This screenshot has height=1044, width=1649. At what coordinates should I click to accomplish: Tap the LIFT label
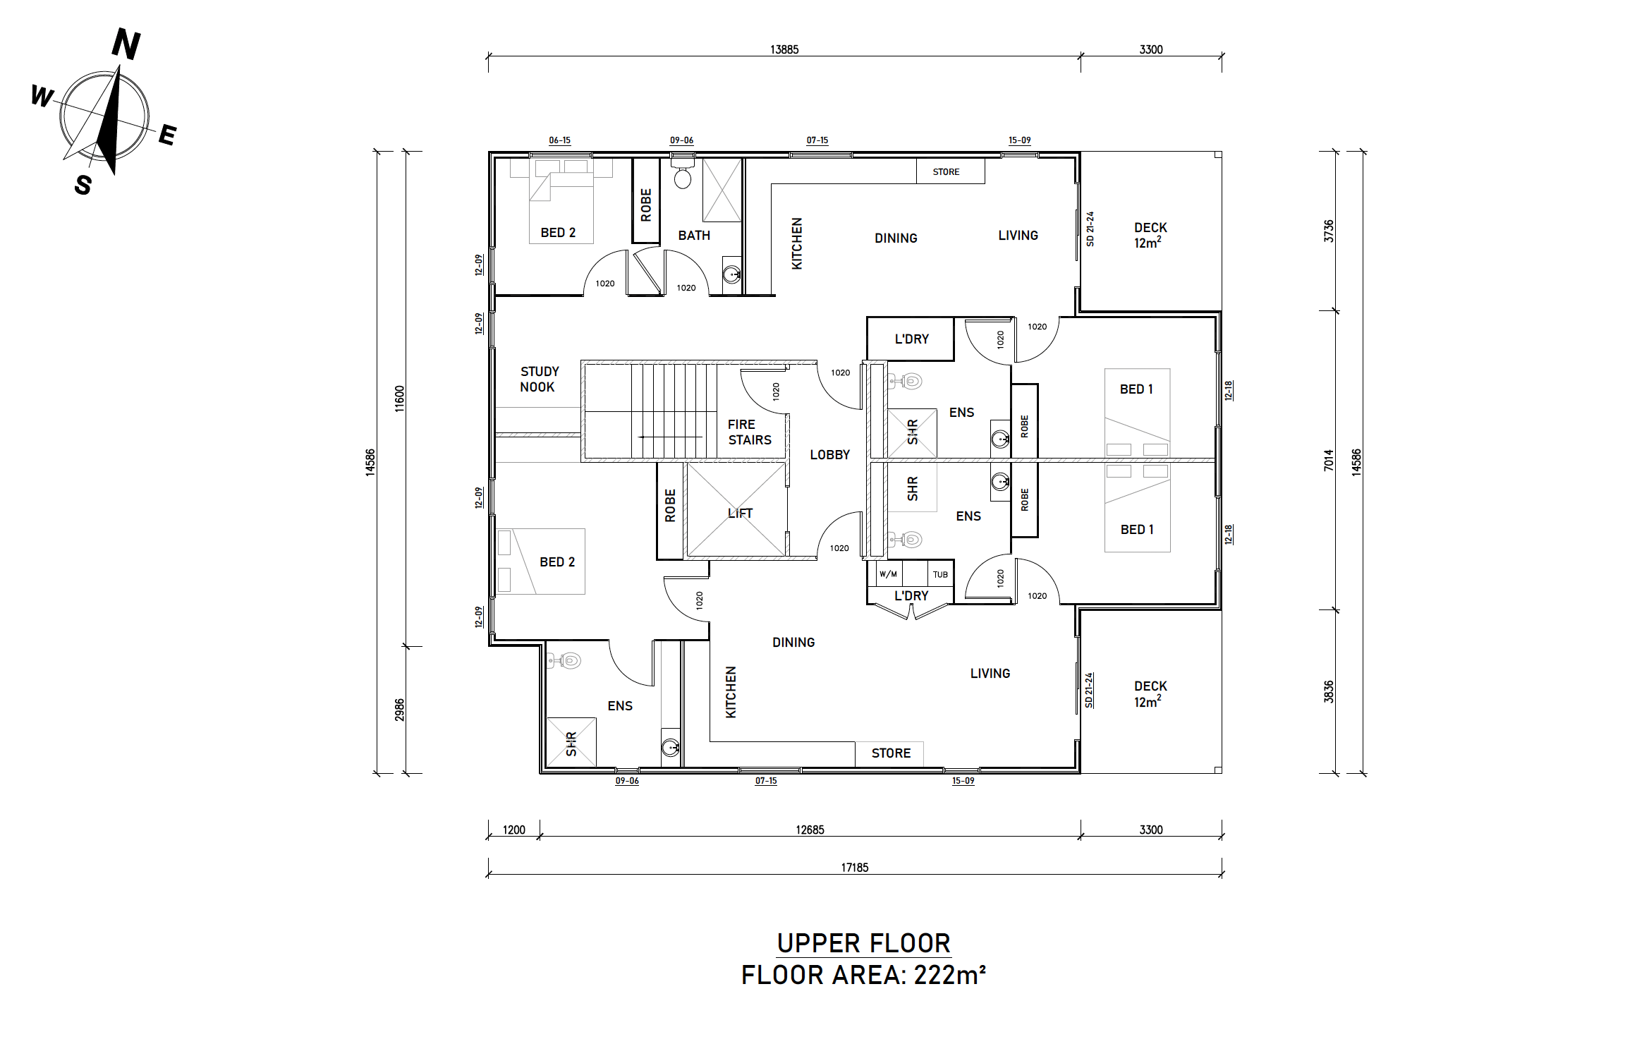point(740,514)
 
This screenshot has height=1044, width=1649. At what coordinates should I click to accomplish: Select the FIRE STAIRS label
point(750,432)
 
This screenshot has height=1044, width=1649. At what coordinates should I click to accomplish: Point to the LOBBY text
point(830,455)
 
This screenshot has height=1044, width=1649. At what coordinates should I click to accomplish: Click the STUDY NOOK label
point(540,380)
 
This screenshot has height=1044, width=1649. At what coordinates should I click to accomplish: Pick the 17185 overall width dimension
point(855,868)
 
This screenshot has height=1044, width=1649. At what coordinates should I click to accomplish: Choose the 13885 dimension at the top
point(784,49)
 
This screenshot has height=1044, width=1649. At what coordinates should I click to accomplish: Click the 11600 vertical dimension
point(400,399)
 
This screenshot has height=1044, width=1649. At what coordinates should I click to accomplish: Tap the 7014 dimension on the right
point(1329,460)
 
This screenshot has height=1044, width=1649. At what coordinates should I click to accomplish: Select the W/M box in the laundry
point(889,574)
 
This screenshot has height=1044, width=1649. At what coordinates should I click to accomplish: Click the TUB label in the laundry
point(940,574)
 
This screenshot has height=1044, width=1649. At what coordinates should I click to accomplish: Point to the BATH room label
point(694,236)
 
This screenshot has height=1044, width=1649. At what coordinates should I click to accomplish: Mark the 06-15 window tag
point(560,140)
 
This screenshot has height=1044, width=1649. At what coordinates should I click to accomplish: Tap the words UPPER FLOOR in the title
point(864,944)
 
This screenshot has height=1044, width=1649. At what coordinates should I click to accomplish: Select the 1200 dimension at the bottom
point(514,830)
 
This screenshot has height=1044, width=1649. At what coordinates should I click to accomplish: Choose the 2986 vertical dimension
point(400,710)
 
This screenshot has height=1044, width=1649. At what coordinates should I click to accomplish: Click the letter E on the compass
point(167,135)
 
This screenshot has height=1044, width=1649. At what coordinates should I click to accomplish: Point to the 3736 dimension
point(1329,231)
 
